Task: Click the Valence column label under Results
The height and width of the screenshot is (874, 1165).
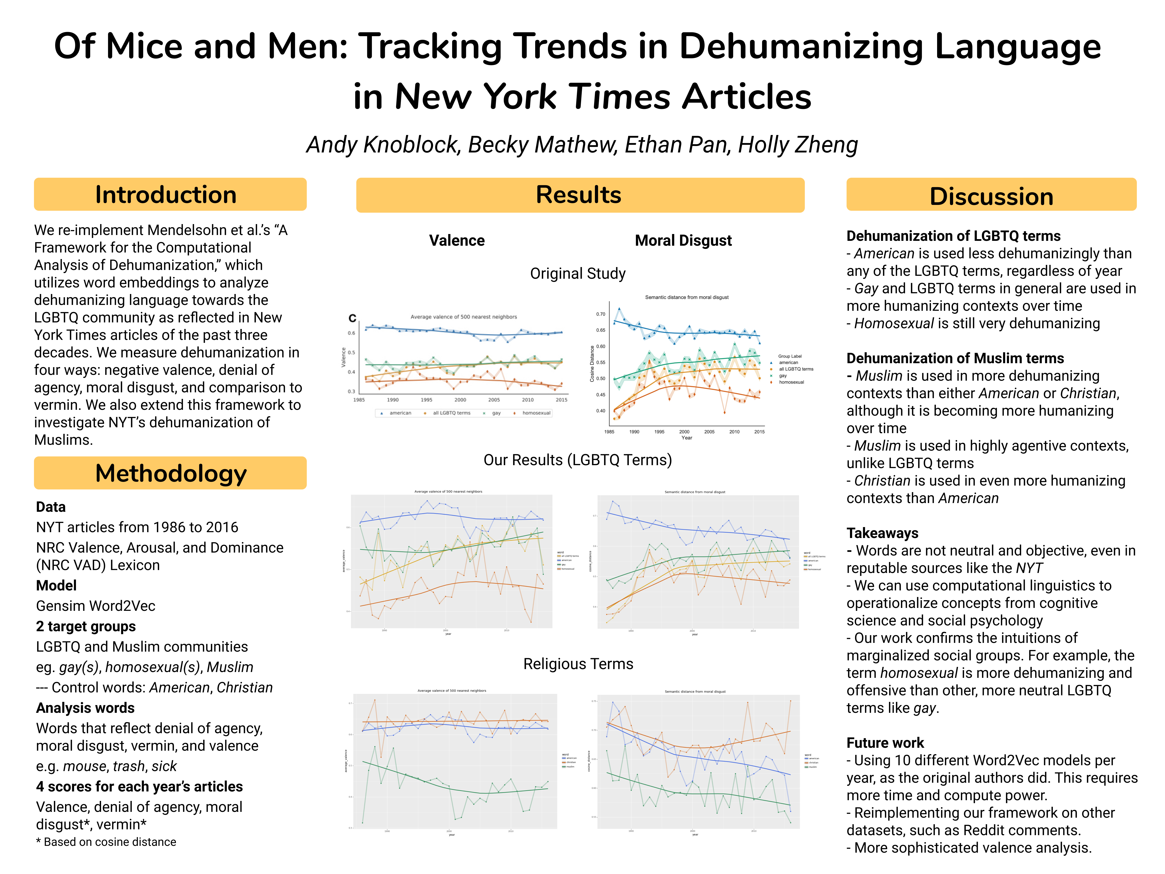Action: click(x=457, y=241)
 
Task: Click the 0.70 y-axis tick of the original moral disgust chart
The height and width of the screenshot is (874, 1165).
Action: click(x=600, y=314)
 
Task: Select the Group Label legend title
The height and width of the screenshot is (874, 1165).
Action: click(x=790, y=356)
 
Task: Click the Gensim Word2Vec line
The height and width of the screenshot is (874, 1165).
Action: click(x=95, y=606)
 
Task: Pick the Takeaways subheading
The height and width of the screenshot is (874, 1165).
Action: click(x=882, y=533)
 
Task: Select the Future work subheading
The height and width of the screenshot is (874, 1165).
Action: click(x=885, y=743)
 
